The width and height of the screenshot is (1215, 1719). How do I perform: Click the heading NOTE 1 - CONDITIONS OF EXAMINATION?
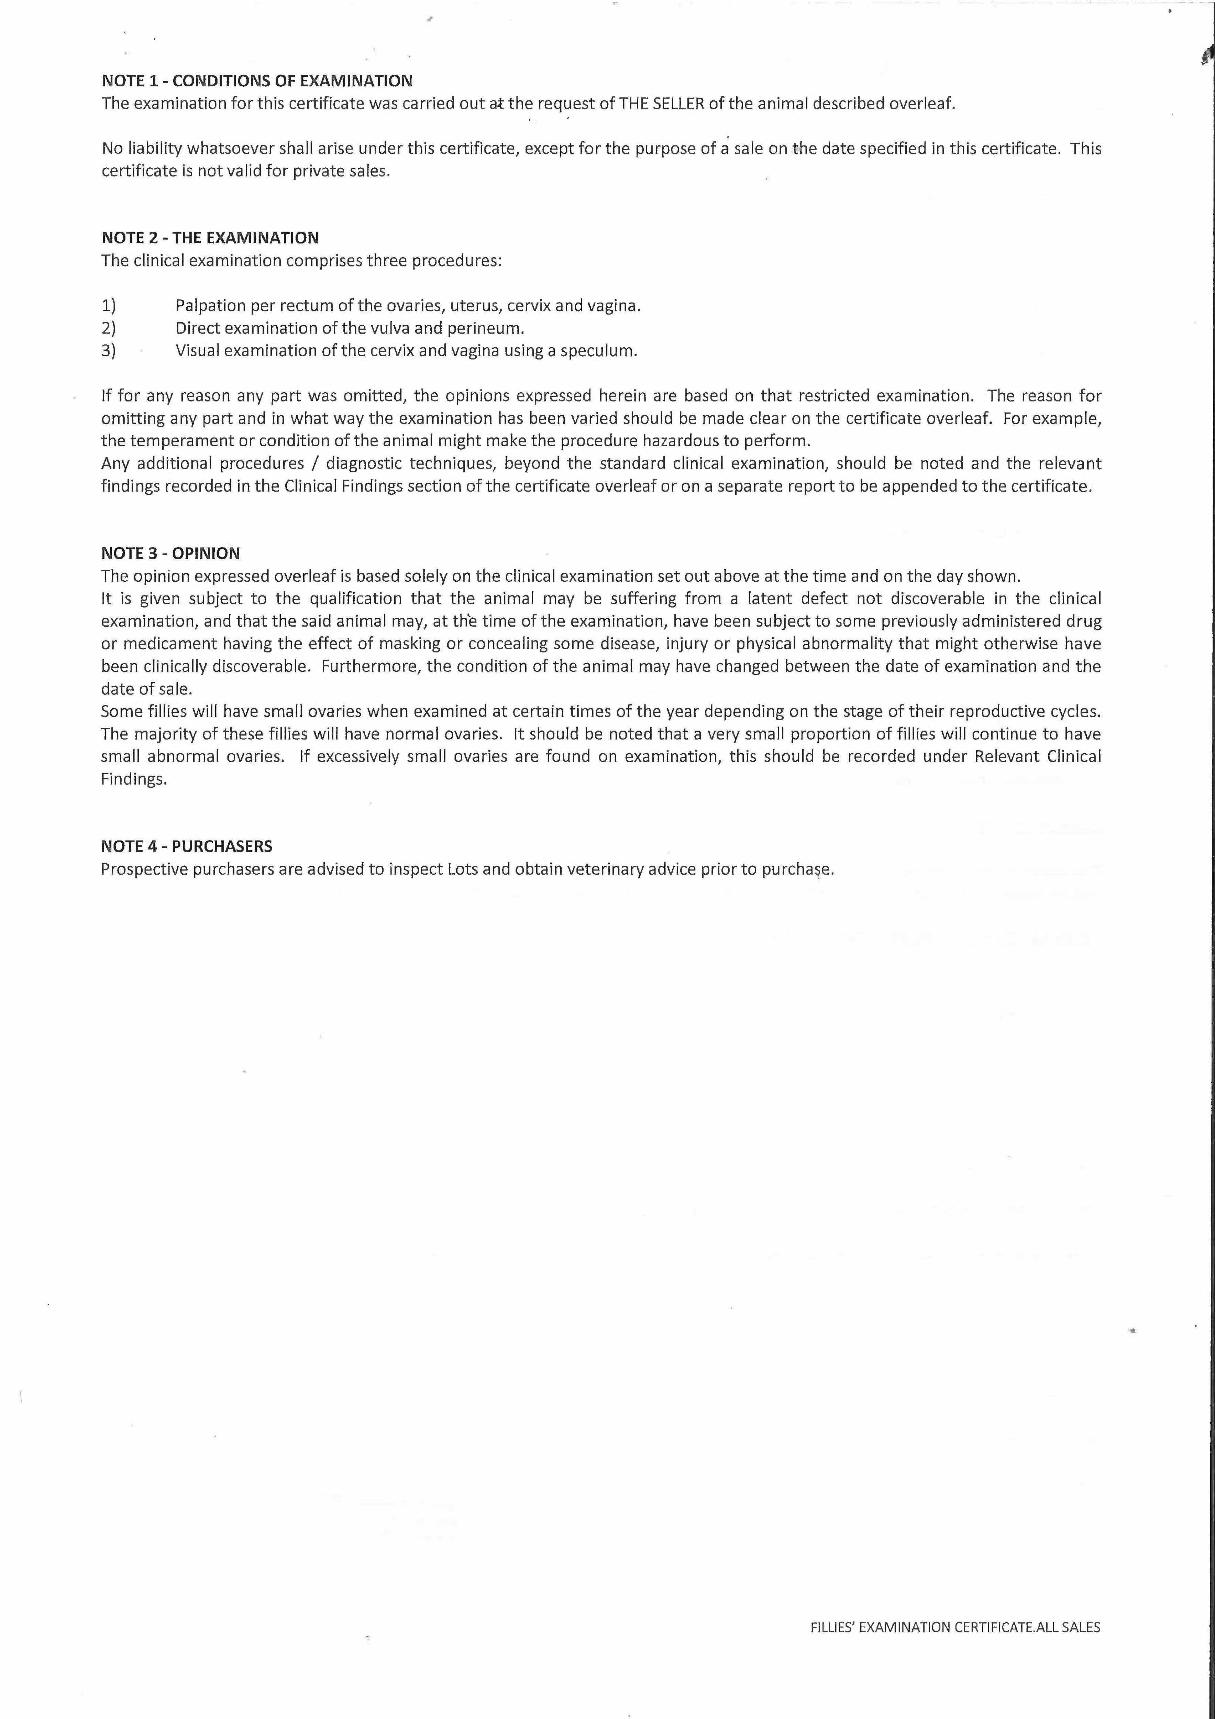257,81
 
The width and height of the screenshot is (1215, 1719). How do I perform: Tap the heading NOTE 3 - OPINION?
171,553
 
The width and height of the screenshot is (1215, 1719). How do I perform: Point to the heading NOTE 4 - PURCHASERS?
186,846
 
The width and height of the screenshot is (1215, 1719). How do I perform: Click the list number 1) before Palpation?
109,306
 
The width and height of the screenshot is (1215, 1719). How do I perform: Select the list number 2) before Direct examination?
109,328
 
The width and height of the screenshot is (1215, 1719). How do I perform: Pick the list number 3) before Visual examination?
109,350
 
